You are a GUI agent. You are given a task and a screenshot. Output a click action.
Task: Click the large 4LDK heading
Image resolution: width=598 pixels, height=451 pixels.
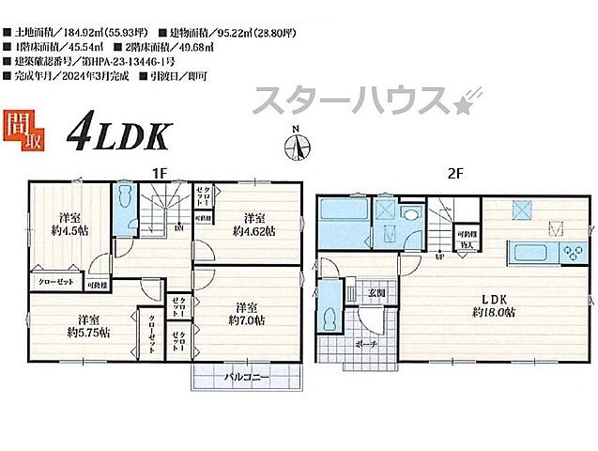coord(116,135)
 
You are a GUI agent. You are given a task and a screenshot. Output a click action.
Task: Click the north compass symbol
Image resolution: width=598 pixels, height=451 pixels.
coord(297,146)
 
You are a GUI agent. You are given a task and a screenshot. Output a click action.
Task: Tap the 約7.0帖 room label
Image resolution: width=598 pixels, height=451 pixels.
coord(246,314)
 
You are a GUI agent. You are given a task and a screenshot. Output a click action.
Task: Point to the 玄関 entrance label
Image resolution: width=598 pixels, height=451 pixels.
coord(376,293)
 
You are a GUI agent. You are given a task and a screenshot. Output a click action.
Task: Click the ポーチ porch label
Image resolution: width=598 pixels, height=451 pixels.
coord(368,345)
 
